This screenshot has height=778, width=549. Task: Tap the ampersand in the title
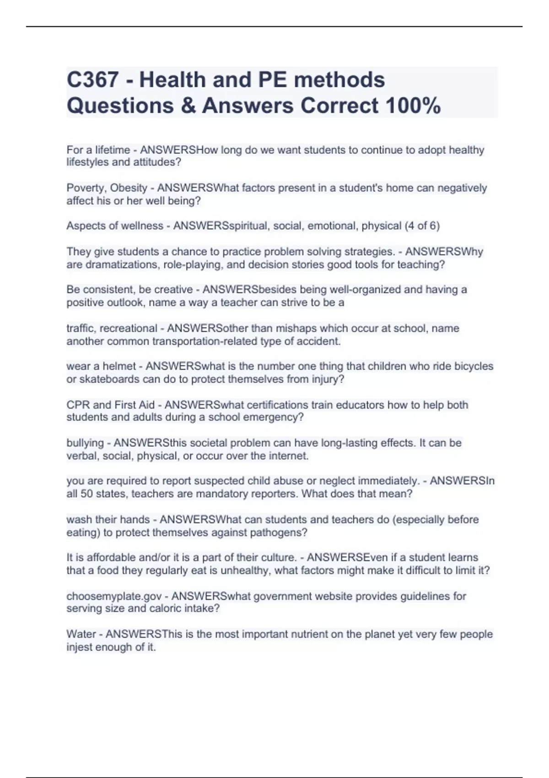[188, 106]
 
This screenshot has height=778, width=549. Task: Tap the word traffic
[80, 329]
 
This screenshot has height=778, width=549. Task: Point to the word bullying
[85, 443]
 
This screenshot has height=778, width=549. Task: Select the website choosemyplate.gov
[114, 596]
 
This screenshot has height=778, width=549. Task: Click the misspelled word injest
[79, 647]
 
